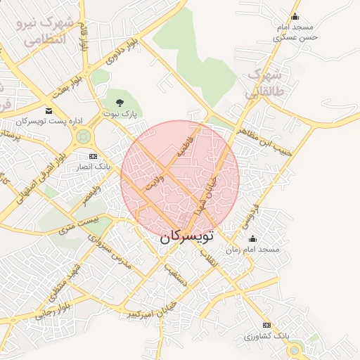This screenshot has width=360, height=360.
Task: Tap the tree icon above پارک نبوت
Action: [117, 103]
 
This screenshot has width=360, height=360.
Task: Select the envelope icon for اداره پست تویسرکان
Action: [48, 111]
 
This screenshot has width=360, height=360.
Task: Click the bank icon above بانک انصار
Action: [92, 156]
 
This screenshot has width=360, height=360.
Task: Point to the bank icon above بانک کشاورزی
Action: [266, 325]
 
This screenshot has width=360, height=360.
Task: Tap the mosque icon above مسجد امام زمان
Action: [253, 240]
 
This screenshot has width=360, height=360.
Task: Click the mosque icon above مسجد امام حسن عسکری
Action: [295, 18]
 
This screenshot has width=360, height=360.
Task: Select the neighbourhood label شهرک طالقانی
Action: [263, 82]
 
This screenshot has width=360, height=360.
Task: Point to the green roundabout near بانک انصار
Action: [84, 136]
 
